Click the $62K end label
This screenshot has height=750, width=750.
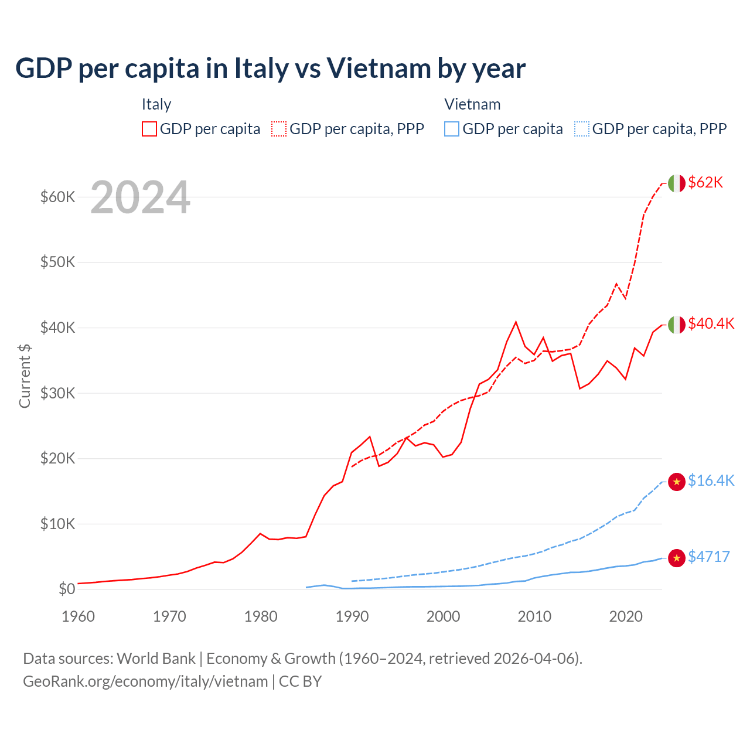(705, 183)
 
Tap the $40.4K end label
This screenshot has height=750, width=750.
(711, 324)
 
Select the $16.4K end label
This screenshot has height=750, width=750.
(711, 481)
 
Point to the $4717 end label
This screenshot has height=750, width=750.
(708, 557)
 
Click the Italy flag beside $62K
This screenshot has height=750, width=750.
(677, 183)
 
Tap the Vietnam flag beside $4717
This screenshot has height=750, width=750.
(677, 558)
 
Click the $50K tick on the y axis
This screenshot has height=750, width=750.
(57, 262)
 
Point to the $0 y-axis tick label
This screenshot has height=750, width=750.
(67, 589)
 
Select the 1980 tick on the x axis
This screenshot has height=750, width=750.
(261, 616)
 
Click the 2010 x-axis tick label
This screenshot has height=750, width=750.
(534, 616)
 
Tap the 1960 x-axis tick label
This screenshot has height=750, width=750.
(78, 616)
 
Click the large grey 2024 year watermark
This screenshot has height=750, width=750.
(140, 198)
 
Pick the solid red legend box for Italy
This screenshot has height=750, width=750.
(149, 129)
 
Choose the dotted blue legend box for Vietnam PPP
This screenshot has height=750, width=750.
(582, 129)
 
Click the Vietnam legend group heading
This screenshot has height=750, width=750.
(472, 104)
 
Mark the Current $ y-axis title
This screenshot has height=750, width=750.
(25, 376)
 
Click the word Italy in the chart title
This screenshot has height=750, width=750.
(261, 69)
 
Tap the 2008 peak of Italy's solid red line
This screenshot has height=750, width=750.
(516, 322)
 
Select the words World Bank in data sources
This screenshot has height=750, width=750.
(156, 659)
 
